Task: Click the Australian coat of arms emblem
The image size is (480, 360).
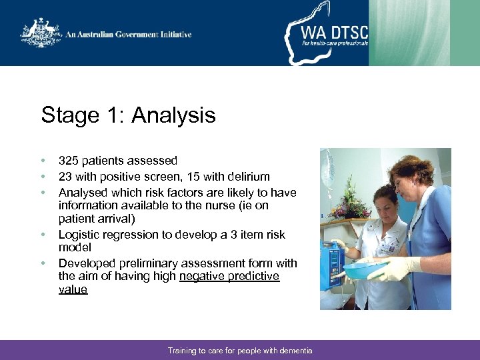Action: tap(41, 33)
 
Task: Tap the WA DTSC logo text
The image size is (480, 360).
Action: tap(334, 33)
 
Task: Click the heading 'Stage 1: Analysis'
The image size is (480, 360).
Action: tap(128, 115)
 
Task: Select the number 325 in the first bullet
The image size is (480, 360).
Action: tap(69, 161)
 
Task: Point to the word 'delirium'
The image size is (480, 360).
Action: tap(248, 177)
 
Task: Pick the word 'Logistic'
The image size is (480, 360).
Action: tap(79, 235)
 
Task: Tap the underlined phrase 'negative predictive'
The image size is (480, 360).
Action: tap(229, 276)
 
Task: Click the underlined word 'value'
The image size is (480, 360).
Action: tap(73, 289)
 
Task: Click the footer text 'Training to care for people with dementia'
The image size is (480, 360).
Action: tap(240, 351)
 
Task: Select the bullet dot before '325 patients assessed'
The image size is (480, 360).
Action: tap(43, 161)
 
